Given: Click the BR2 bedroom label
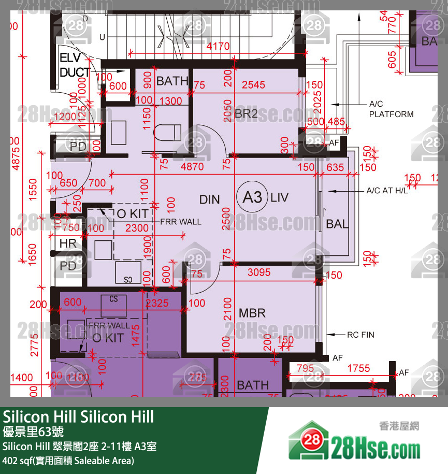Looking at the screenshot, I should point(246,114).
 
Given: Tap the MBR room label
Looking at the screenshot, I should point(252,313).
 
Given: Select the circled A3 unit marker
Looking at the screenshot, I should point(252,197).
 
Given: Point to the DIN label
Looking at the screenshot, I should point(210,199).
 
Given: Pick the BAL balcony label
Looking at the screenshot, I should point(337,224).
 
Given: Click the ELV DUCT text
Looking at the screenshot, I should point(75,65).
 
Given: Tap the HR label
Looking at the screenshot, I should point(68,243).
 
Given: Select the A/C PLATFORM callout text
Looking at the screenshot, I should point(391,109).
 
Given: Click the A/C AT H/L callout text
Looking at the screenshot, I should point(387,191).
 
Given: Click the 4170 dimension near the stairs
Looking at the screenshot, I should point(218,47).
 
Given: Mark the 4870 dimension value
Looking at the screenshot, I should point(192,167).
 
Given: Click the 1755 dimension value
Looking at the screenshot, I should point(358,368).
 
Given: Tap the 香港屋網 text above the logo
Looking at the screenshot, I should point(399,426).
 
